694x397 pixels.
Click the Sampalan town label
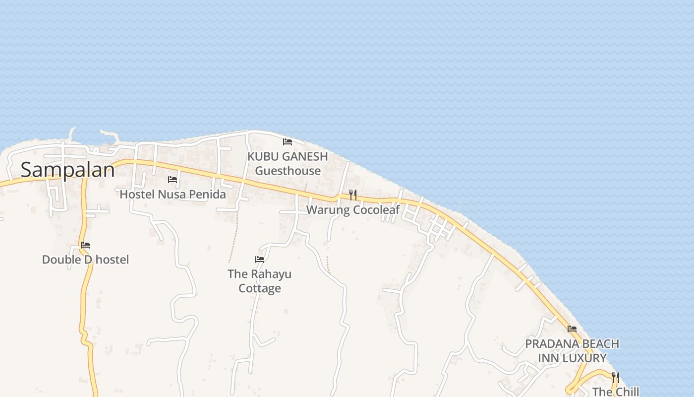[67, 170]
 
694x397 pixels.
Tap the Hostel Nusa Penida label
[173, 194]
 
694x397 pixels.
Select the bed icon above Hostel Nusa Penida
[173, 179]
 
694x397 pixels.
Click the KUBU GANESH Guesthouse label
[288, 163]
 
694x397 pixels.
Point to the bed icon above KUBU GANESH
[288, 142]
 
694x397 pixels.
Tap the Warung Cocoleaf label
[352, 210]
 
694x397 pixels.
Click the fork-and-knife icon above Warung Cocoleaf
[353, 195]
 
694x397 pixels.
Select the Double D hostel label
[85, 260]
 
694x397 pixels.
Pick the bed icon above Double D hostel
[85, 245]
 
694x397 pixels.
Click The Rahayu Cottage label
[259, 281]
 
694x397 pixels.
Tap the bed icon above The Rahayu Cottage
[260, 259]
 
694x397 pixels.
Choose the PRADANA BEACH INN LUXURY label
[572, 351]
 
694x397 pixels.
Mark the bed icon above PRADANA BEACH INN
[572, 329]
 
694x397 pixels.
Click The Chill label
[616, 392]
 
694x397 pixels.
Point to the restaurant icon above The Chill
[616, 377]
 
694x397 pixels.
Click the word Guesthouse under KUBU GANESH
[288, 171]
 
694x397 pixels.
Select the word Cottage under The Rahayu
[260, 288]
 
